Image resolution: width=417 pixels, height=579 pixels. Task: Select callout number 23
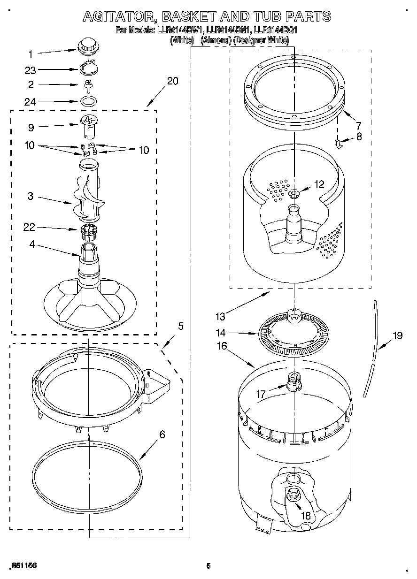[x=30, y=70]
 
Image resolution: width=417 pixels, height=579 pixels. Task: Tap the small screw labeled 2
[x=87, y=85]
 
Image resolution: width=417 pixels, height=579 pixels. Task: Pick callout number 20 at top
[x=172, y=81]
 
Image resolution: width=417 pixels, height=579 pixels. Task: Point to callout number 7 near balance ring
[x=358, y=125]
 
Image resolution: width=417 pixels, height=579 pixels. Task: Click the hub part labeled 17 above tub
[x=293, y=381]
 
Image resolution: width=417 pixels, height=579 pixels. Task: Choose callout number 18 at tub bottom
[x=305, y=516]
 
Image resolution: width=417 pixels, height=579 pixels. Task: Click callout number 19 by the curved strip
[x=397, y=336]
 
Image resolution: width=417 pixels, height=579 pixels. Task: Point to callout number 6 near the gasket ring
[x=162, y=434]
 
